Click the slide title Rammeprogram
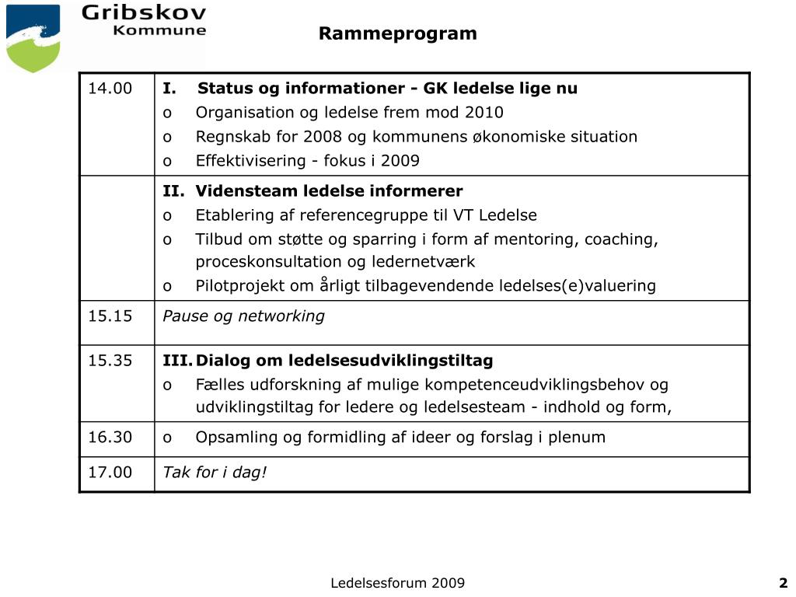(397, 33)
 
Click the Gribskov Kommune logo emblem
(33, 37)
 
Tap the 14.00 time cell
(110, 88)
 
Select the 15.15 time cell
(110, 316)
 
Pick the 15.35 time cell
(110, 361)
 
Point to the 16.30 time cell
(110, 437)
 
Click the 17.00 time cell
(110, 473)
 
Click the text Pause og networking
(243, 316)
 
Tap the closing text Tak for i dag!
(215, 473)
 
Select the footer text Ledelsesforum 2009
(397, 583)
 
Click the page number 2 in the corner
(784, 583)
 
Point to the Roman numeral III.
(176, 361)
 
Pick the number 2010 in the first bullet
(484, 112)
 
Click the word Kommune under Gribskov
(159, 31)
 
